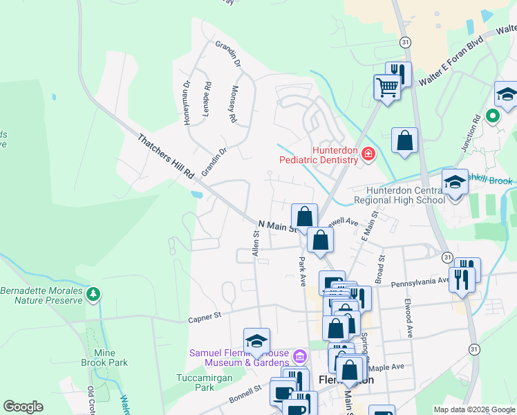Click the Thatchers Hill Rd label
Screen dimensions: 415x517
(166, 158)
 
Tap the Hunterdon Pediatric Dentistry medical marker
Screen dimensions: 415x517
(368, 154)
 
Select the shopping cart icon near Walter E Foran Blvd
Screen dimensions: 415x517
(387, 87)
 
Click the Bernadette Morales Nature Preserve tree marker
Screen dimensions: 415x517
(93, 295)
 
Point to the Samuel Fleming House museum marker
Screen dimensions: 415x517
(299, 357)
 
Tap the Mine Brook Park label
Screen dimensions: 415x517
(110, 358)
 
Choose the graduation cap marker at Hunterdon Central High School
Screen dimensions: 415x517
(455, 183)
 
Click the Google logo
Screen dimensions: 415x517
(23, 407)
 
